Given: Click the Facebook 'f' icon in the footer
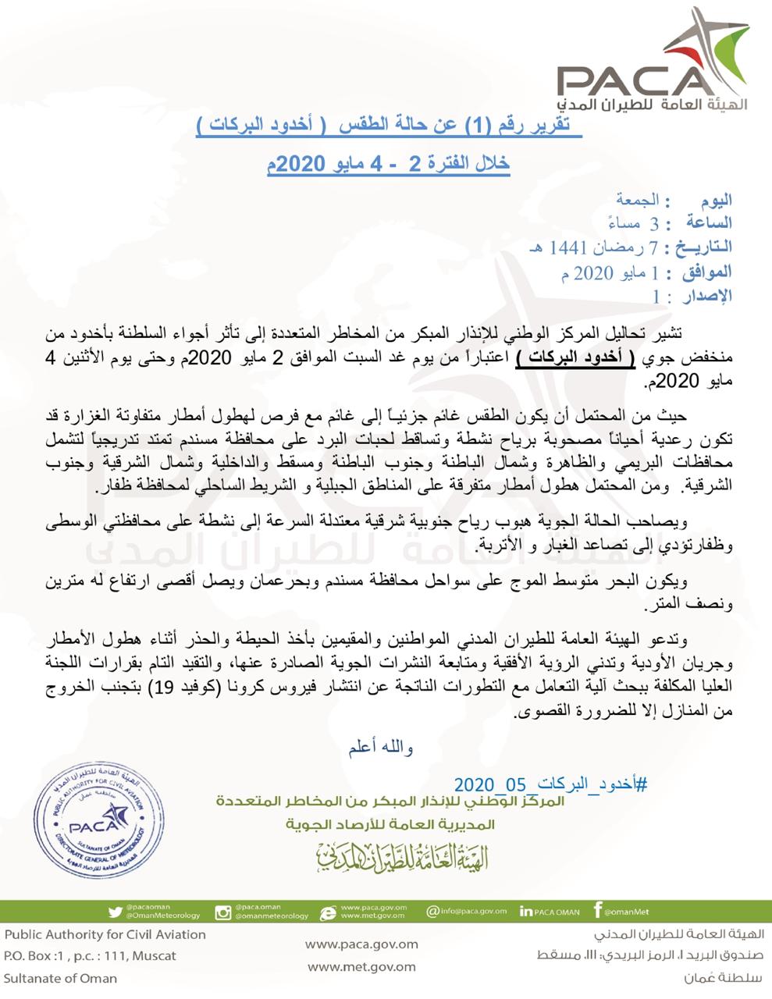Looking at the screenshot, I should [x=598, y=910].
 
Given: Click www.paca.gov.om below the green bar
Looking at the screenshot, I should [x=361, y=944].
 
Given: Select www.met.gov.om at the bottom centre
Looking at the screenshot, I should [x=361, y=967].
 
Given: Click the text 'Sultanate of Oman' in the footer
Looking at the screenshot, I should [x=60, y=978].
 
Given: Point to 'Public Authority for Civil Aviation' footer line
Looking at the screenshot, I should [x=105, y=934].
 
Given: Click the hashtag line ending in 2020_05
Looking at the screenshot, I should [x=550, y=784].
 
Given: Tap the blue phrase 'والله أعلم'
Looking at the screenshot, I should [x=380, y=748].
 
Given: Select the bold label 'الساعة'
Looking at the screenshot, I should [x=706, y=223].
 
